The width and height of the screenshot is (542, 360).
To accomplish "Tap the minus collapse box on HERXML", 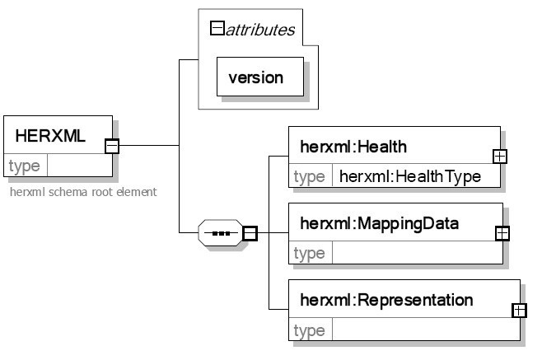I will (112, 147).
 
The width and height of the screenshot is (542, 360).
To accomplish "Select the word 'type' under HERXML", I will (24, 166).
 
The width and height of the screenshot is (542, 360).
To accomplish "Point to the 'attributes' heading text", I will (261, 30).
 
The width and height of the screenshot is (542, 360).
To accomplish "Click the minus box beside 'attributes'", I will (218, 30).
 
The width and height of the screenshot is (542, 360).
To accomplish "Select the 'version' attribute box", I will (256, 78).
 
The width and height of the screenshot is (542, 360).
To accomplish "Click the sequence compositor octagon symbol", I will (220, 233).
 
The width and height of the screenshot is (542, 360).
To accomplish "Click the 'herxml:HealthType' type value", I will (409, 176).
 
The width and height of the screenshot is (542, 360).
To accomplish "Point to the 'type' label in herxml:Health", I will (309, 176).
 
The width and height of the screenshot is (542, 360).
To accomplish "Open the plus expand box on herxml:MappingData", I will (502, 232).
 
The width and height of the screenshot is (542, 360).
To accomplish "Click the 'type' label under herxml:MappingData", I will (309, 254).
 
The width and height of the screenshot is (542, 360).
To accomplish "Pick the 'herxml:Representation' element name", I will (386, 299).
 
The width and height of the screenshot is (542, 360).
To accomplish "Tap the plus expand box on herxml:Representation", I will (519, 311).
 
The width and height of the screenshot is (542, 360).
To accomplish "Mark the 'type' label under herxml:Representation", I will (309, 330).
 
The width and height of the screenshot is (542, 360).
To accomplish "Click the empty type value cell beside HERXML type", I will (79, 166).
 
